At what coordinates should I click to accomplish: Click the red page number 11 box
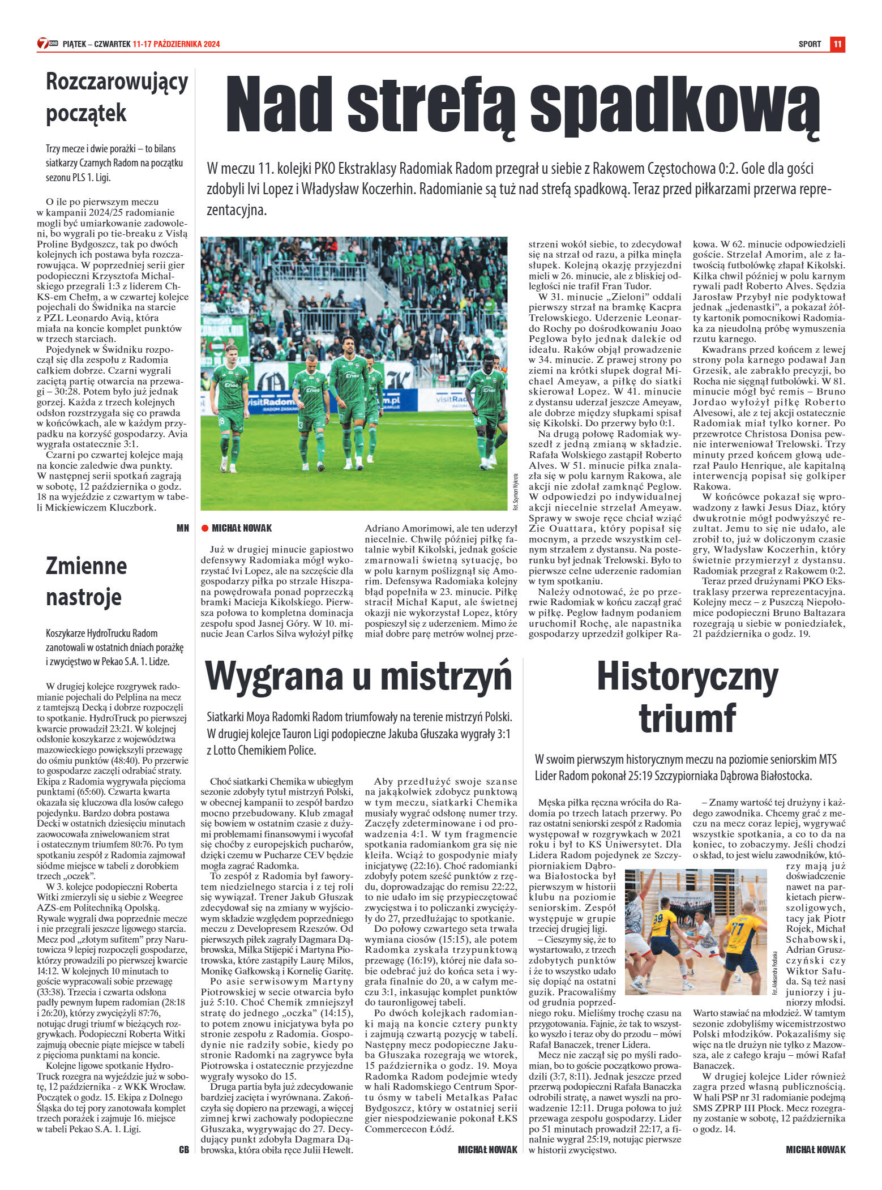point(837,44)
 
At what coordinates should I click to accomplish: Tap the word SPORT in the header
point(810,44)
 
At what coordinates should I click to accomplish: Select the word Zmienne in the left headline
point(86,566)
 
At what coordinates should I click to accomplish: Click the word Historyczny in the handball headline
point(687,677)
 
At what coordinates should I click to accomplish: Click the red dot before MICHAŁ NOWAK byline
point(205,528)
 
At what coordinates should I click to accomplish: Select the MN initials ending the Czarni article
point(182,528)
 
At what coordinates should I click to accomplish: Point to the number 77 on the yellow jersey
point(737,930)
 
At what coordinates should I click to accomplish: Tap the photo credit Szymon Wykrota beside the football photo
point(515,491)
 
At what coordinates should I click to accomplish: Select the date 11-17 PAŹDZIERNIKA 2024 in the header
point(176,44)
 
